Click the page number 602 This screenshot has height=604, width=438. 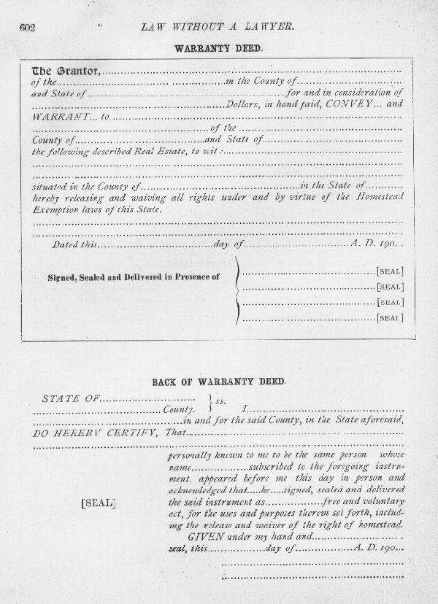(28, 28)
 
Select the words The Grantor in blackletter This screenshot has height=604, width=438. (64, 71)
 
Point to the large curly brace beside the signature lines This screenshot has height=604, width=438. (236, 294)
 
